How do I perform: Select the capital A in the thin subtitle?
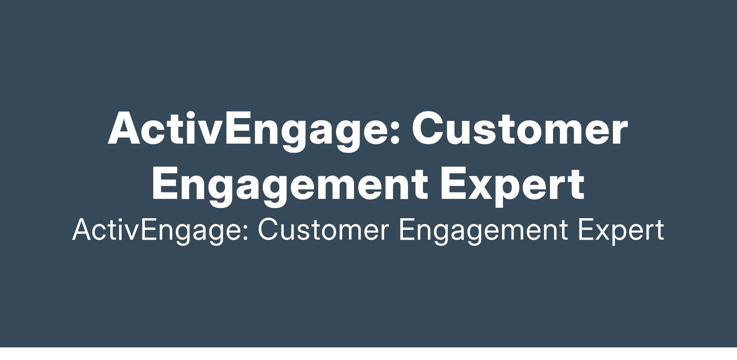(82, 230)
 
